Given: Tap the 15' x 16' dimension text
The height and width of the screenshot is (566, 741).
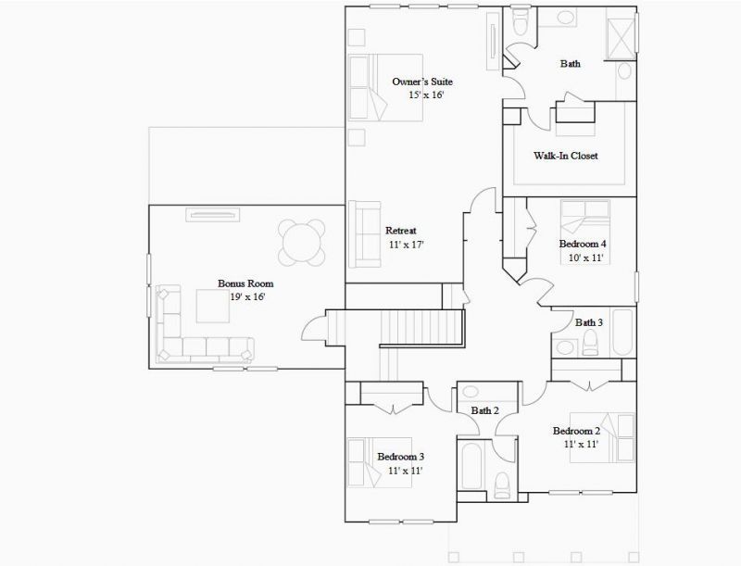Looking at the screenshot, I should click(x=427, y=94).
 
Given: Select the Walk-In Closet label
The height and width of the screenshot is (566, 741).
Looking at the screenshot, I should click(x=565, y=156).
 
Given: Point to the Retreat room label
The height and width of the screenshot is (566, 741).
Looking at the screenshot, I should click(x=401, y=231).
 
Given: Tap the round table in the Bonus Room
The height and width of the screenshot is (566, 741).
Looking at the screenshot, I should click(x=303, y=241).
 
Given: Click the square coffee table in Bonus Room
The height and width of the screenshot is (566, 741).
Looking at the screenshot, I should click(x=217, y=306).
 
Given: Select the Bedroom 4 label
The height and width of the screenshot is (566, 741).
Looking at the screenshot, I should click(x=583, y=245).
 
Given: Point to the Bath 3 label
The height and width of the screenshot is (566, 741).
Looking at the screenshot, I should click(x=589, y=322).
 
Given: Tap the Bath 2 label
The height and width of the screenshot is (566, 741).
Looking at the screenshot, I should click(x=484, y=410).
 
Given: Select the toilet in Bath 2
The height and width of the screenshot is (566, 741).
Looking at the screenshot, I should click(x=502, y=484).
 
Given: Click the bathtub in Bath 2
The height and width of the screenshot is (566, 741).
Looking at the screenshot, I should click(x=471, y=471).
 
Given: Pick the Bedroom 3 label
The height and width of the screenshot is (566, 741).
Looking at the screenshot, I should click(x=401, y=457).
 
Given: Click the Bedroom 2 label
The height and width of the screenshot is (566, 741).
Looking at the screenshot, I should click(x=576, y=431).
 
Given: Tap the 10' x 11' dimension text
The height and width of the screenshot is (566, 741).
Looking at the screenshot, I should click(x=585, y=258).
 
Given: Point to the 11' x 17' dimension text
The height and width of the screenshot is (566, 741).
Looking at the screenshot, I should click(x=407, y=245).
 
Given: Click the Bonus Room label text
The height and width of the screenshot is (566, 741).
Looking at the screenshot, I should click(x=245, y=283).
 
